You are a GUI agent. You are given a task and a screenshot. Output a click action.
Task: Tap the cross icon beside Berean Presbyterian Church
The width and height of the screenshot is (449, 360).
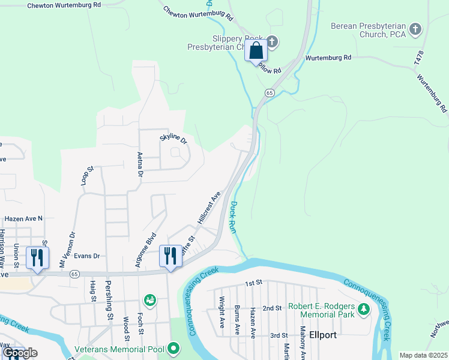point(415,28)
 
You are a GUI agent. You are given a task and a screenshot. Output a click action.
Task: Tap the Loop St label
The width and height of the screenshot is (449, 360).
point(88,178)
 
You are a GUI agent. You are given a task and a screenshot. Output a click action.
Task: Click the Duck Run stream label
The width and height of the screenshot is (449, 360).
point(235,217)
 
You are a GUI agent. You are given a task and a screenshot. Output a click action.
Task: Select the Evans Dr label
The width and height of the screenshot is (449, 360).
point(86,256)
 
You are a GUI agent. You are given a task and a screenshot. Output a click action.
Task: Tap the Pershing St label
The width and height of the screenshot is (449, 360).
point(109,307)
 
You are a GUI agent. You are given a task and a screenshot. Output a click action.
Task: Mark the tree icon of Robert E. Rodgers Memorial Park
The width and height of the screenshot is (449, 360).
point(363,310)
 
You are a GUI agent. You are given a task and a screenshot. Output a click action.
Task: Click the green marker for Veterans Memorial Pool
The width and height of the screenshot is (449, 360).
point(174,347)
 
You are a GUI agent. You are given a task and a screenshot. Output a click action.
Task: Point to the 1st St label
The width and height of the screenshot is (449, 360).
point(254,282)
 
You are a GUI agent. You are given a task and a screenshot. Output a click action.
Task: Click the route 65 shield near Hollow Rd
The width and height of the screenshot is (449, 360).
point(270,93)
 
